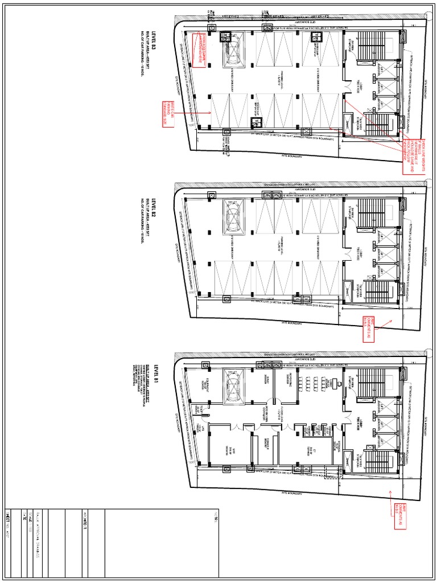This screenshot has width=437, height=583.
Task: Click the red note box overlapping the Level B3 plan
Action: pyautogui.click(x=197, y=50)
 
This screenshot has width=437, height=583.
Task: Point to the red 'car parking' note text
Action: pyautogui.click(x=178, y=113)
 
